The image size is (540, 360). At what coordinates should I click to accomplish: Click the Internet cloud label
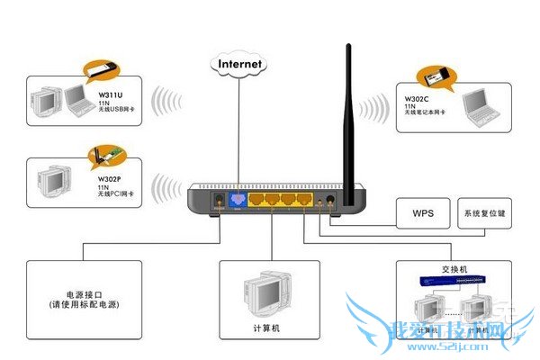[239, 64]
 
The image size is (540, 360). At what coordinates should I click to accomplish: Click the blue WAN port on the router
[238, 200]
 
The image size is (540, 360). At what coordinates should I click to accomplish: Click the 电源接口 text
[79, 294]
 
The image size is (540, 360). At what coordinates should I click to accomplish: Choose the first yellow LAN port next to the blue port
[256, 200]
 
